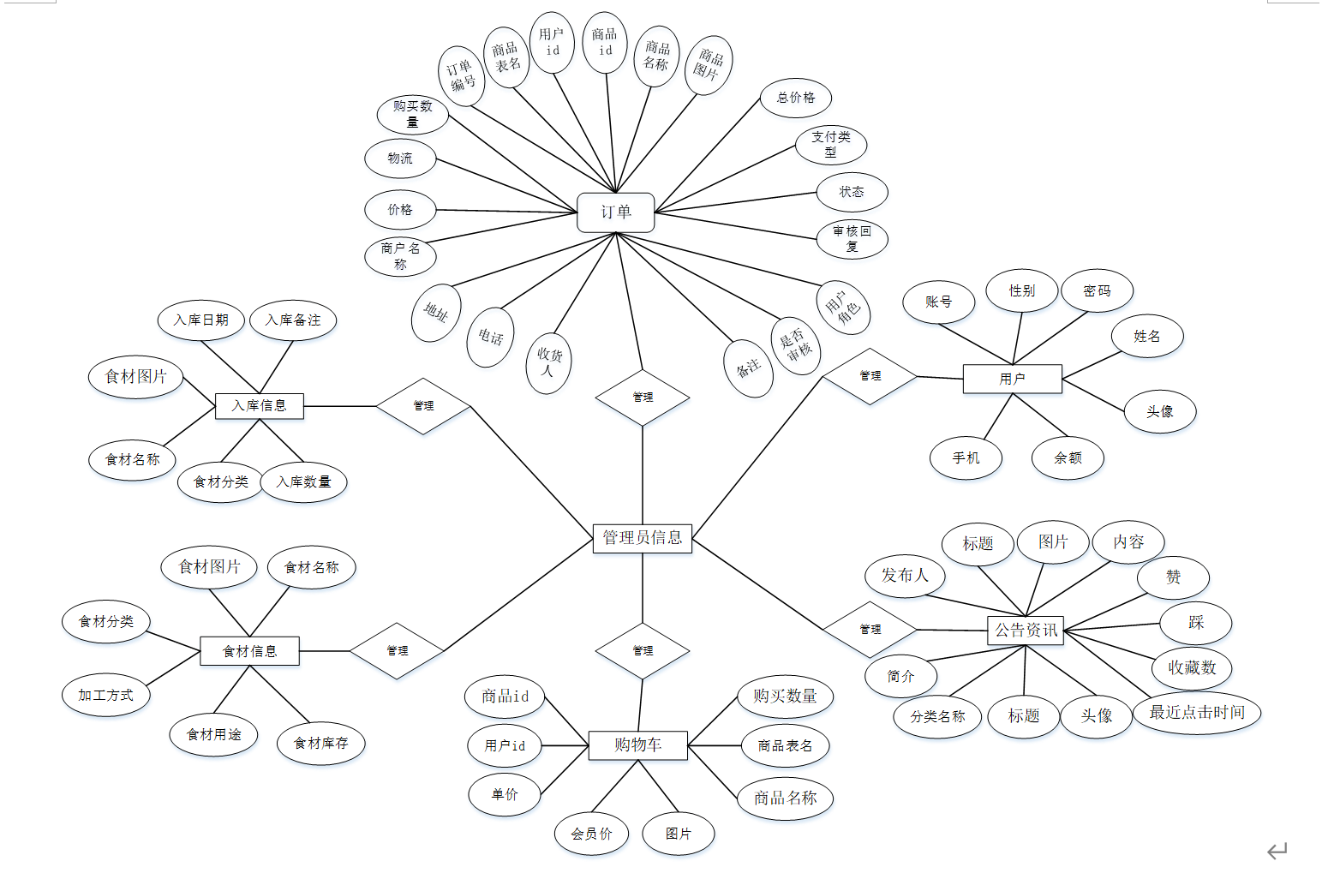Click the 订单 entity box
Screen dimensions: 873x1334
click(x=615, y=212)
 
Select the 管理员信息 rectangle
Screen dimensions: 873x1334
click(x=642, y=538)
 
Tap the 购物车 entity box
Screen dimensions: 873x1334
click(x=637, y=745)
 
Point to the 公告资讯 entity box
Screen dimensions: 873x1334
click(x=1026, y=631)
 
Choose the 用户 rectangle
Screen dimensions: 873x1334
click(x=1012, y=379)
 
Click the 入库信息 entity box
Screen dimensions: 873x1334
click(x=259, y=406)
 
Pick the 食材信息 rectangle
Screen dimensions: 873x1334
click(x=249, y=651)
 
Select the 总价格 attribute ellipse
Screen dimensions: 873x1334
click(x=796, y=98)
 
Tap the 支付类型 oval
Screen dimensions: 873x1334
click(x=831, y=145)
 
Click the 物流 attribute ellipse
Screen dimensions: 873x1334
click(x=400, y=158)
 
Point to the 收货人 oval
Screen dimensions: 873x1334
click(x=548, y=363)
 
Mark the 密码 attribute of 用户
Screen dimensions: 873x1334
click(x=1097, y=291)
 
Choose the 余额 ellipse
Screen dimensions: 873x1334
click(x=1068, y=458)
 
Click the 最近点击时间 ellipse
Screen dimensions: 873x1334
click(x=1197, y=713)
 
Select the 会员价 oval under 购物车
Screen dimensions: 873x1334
click(x=591, y=834)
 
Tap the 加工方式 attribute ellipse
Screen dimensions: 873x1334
click(x=106, y=696)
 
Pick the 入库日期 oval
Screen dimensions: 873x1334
click(x=201, y=320)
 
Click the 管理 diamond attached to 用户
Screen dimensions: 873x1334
click(x=870, y=376)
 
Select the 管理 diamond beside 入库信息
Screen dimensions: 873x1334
click(x=423, y=406)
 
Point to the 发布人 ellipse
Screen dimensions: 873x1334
click(x=905, y=576)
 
